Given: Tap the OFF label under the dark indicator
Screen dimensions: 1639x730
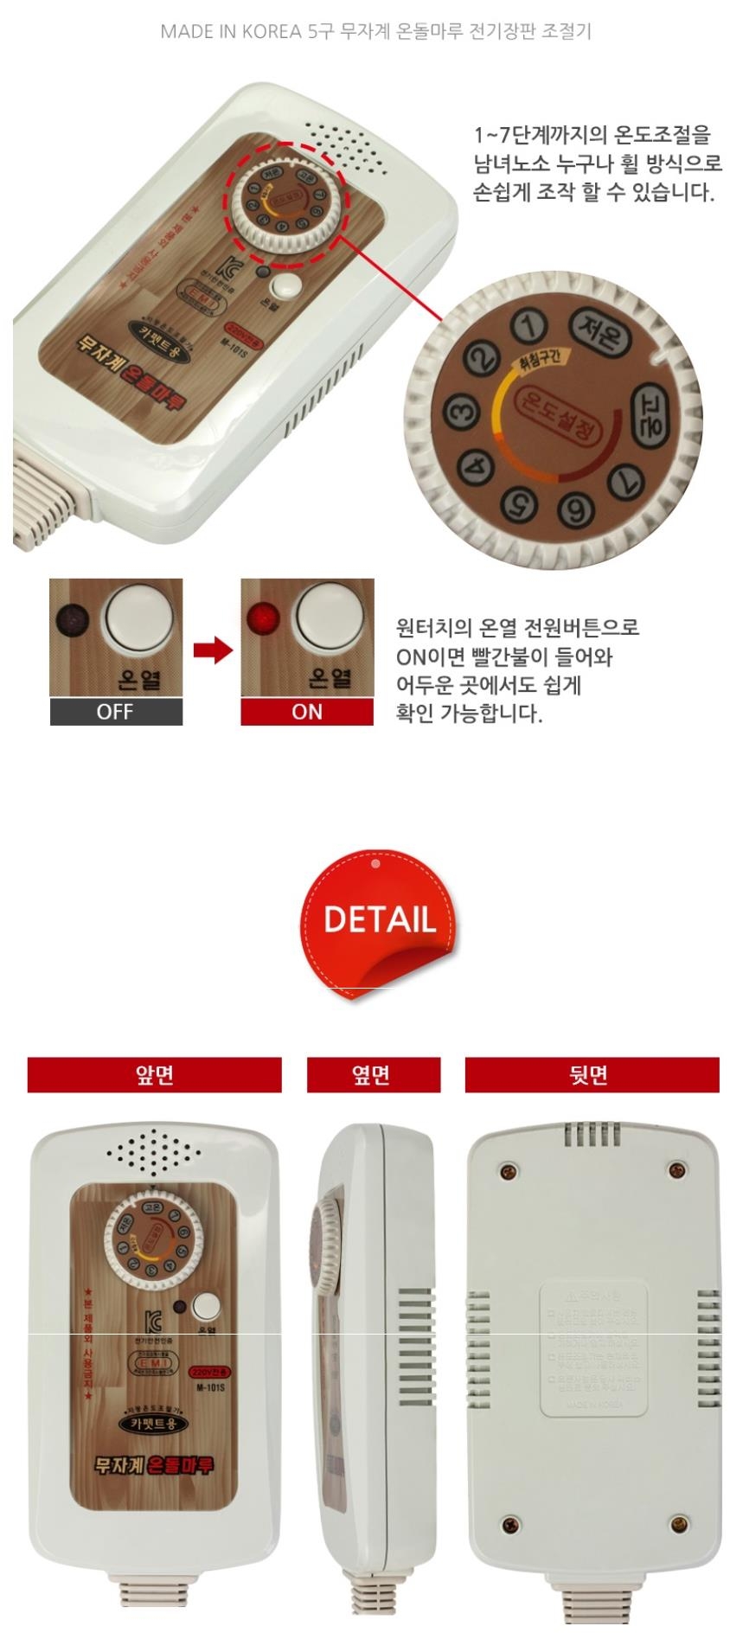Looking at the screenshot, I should point(115,712).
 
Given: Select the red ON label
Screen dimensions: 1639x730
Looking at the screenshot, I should point(307,712).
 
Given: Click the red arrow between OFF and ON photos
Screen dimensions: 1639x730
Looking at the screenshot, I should point(212,650).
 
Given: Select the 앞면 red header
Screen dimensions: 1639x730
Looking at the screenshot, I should point(154,1074).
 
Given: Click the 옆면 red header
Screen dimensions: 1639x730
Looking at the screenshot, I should point(373,1074).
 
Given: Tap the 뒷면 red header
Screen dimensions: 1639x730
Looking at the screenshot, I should point(592,1074).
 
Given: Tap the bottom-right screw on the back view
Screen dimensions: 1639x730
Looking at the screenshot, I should point(679,1522).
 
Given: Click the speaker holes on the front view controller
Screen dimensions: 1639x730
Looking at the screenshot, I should point(155,1152).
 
